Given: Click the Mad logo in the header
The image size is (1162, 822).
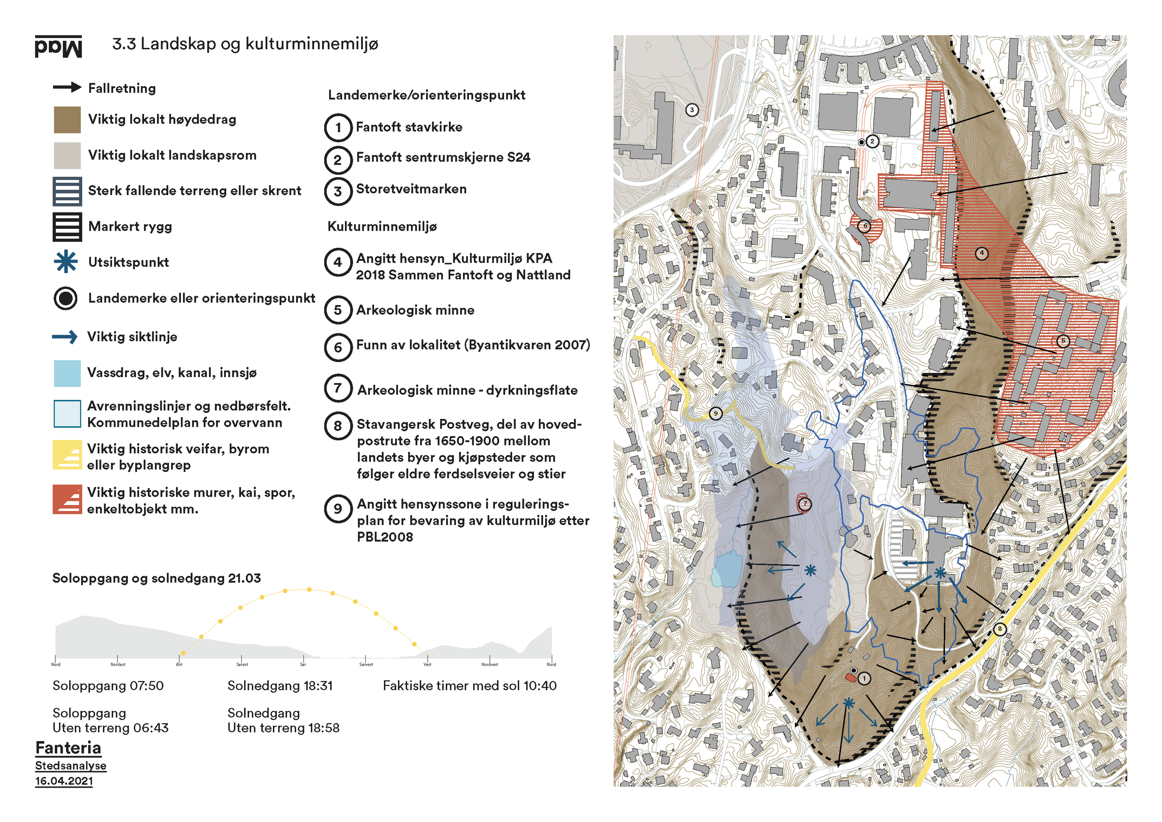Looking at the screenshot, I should (x=58, y=46).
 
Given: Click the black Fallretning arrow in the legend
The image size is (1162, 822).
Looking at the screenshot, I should (x=67, y=87).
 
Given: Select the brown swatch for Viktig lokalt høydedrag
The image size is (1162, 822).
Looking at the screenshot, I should (x=67, y=119).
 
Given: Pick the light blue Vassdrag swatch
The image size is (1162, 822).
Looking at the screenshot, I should (x=67, y=373).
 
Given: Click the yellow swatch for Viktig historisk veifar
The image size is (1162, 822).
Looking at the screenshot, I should (x=67, y=455).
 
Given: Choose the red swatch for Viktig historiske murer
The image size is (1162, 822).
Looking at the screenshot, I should (x=67, y=499).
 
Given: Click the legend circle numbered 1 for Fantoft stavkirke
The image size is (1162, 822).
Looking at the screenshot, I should (x=337, y=127).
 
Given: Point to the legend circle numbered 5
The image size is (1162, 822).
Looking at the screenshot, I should (x=337, y=310).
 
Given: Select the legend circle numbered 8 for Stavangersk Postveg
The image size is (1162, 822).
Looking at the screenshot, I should (x=337, y=426).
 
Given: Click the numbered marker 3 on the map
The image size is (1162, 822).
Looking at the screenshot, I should (x=692, y=110).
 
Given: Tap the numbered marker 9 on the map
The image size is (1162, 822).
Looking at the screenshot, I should (x=715, y=413).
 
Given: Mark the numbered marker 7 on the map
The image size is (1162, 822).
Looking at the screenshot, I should (x=805, y=504).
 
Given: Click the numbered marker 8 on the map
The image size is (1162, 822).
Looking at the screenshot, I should (x=999, y=629).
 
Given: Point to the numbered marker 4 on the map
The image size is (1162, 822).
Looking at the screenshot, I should (x=981, y=253).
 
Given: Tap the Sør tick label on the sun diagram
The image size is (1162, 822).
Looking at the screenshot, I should (x=303, y=664).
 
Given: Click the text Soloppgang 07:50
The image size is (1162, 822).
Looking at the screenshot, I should (x=108, y=686).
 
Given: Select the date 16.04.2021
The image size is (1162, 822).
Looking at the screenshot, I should (x=64, y=781).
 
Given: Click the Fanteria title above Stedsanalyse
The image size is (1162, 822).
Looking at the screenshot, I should (x=68, y=748).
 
